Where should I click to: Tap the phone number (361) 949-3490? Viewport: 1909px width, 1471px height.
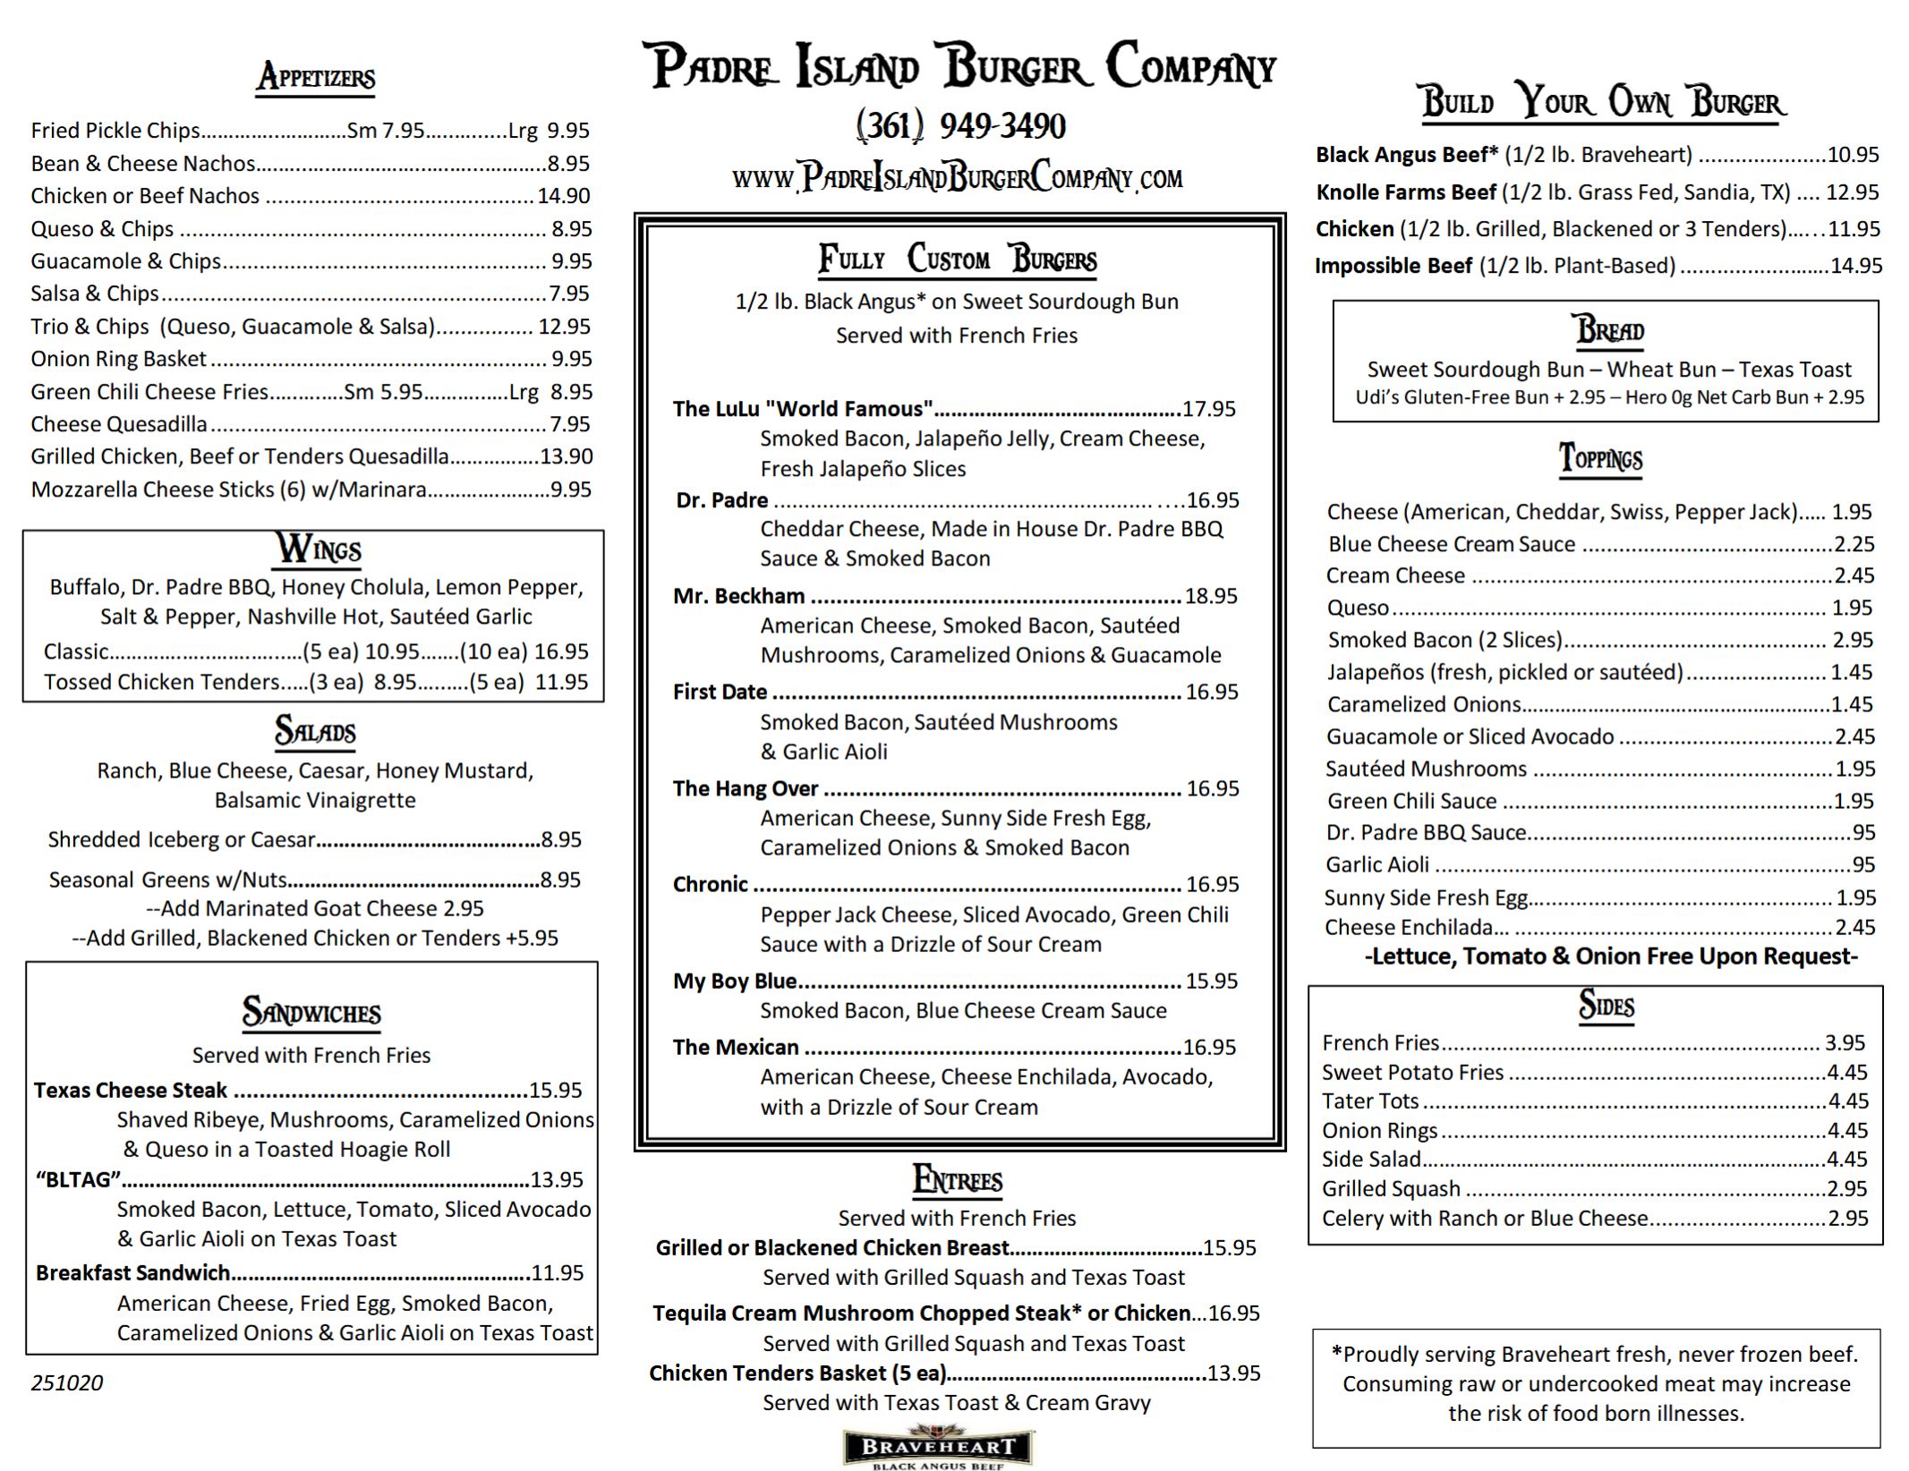[960, 126]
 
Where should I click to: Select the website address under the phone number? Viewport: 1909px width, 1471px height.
[957, 177]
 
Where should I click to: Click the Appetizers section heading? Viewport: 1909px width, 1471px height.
[316, 78]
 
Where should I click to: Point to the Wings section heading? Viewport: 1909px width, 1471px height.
[318, 548]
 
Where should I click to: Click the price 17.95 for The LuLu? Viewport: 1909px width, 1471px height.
[1208, 409]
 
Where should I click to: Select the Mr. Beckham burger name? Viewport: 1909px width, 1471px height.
[738, 596]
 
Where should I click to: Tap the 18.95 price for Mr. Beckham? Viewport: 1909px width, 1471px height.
[1211, 596]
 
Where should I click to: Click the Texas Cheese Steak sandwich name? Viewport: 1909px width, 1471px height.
[131, 1090]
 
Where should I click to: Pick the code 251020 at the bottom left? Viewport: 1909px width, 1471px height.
[67, 1382]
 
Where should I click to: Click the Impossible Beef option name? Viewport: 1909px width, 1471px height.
[1393, 266]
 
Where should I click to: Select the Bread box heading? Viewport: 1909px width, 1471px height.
[1609, 330]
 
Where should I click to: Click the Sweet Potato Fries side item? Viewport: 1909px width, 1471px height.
[1412, 1072]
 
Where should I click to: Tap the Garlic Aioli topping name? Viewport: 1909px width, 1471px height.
[1377, 864]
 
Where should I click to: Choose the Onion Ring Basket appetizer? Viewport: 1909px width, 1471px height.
[118, 359]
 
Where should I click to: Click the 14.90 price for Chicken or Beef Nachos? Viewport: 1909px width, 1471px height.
[564, 196]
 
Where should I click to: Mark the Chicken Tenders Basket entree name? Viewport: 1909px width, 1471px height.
[797, 1373]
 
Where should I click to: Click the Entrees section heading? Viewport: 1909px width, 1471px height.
[957, 1180]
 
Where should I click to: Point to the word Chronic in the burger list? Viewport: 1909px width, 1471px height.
[710, 884]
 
